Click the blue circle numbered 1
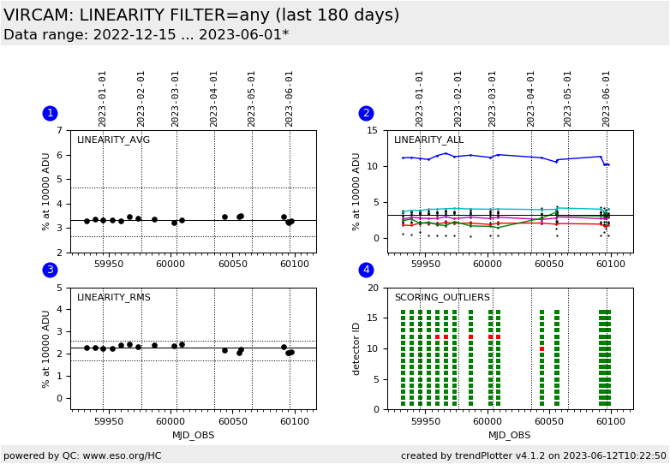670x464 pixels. [50, 113]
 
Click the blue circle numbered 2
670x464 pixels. [366, 113]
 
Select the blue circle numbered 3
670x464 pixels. [50, 270]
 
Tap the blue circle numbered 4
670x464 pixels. [366, 270]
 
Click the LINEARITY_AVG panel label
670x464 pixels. [113, 140]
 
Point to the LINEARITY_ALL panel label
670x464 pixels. [428, 140]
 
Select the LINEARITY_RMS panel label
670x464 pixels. [113, 298]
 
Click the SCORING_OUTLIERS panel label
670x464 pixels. [442, 298]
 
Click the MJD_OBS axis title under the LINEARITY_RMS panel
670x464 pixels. [193, 435]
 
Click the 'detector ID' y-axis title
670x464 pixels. [357, 348]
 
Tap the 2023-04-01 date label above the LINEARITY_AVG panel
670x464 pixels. [214, 98]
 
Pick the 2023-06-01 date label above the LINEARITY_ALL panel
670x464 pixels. [607, 98]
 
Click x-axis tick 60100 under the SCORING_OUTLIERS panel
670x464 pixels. [610, 420]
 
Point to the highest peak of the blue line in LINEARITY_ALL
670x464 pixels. [445, 153]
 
